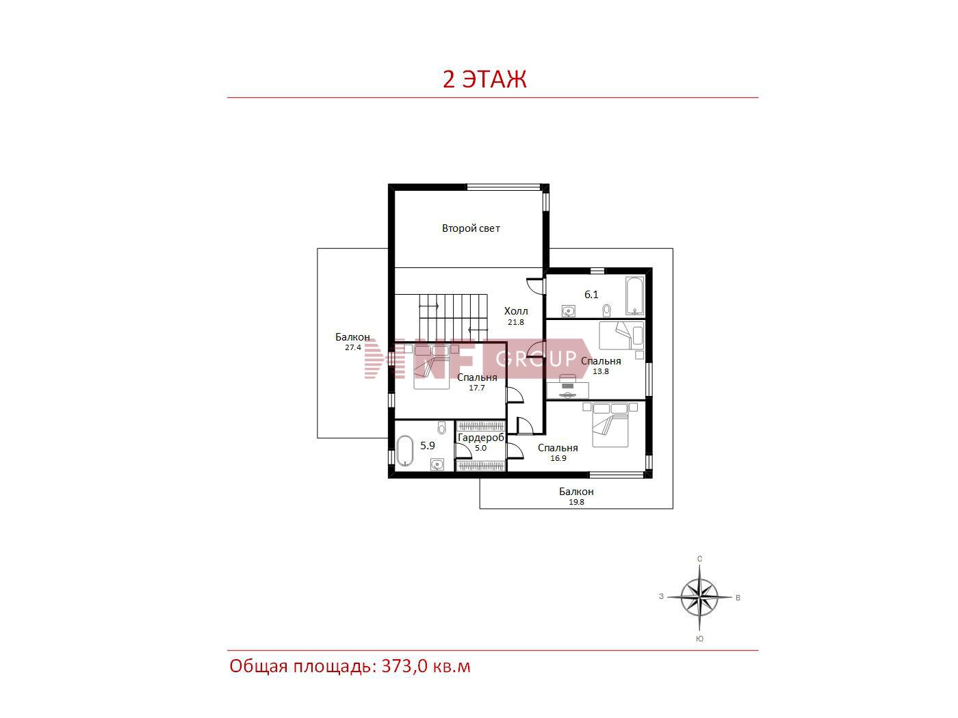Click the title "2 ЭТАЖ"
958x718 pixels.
point(484,79)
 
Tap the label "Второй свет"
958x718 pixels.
point(471,228)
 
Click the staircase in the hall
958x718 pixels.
point(453,317)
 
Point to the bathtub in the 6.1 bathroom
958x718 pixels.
point(634,295)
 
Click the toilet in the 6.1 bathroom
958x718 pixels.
point(607,310)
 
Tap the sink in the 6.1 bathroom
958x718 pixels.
point(569,311)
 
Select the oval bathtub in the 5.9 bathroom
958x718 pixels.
point(404,451)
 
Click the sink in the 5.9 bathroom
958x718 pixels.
point(437,464)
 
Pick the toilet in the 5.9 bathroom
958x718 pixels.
point(441,427)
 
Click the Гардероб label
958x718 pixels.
point(481,437)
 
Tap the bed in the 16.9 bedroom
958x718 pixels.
point(610,425)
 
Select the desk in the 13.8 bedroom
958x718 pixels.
point(567,390)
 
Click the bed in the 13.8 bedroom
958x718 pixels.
point(615,335)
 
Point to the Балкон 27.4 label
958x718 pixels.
point(352,342)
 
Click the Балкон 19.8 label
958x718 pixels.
point(576,496)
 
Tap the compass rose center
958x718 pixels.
point(699,597)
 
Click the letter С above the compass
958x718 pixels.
point(699,559)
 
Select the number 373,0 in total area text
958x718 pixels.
point(404,666)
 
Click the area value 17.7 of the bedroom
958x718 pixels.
point(476,388)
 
